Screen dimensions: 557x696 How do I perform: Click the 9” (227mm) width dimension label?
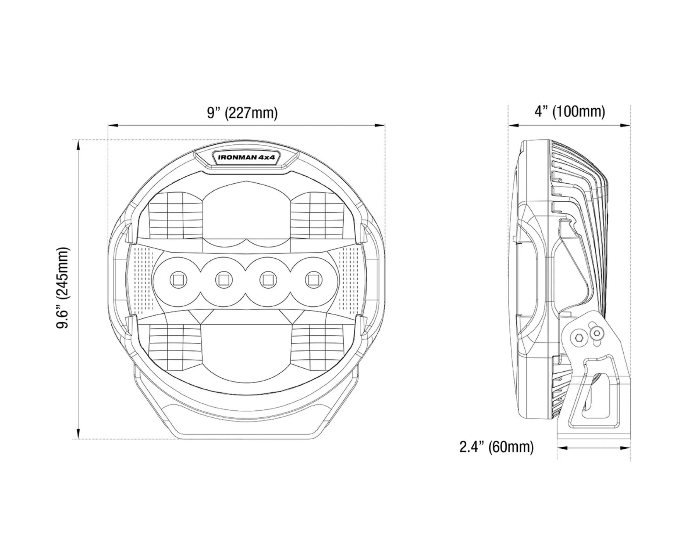[242, 113]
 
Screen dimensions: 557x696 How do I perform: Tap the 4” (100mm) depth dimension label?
[570, 111]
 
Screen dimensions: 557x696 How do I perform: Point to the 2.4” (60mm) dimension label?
[496, 447]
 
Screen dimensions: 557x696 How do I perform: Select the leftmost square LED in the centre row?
[178, 279]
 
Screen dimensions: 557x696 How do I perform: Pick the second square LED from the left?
[222, 279]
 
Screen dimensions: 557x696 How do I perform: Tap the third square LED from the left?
[266, 279]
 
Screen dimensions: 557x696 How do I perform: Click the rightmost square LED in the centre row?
[311, 279]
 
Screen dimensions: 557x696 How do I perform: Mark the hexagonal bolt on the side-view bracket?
[579, 338]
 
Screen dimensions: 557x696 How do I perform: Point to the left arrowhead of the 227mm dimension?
[112, 125]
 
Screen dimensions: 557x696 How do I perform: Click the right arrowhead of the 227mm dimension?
[380, 125]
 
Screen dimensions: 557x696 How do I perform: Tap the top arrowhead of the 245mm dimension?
[78, 144]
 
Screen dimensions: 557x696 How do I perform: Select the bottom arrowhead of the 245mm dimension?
[78, 434]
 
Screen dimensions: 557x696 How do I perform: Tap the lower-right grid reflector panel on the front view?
[317, 340]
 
